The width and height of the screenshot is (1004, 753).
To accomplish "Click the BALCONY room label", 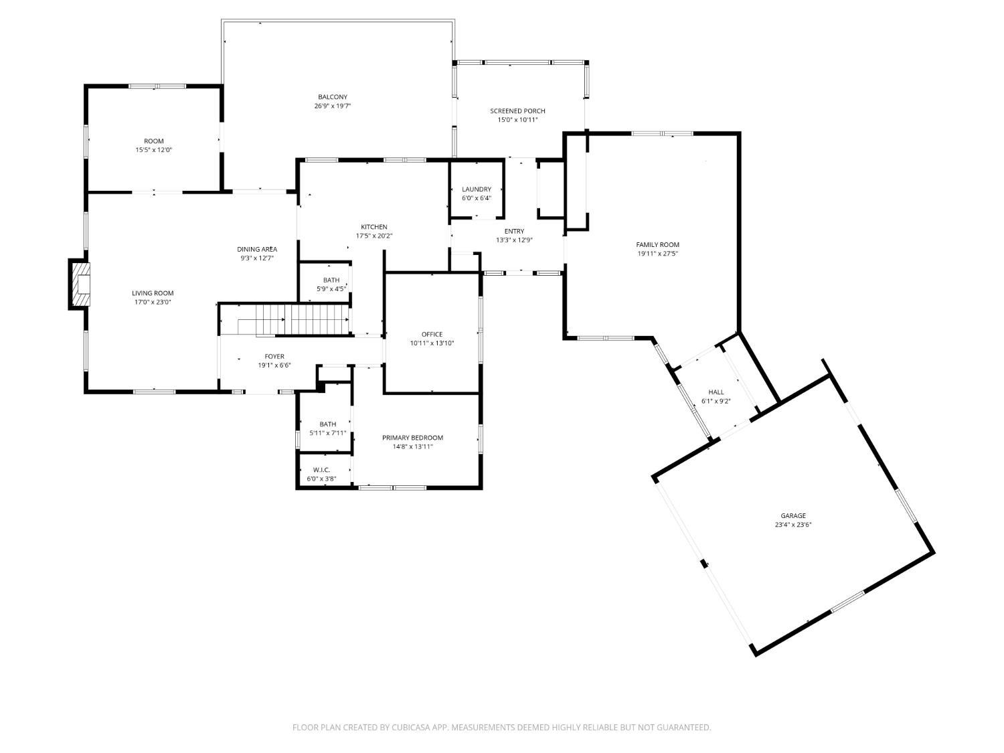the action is pyautogui.click(x=333, y=97).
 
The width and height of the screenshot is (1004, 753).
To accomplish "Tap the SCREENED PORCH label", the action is pyautogui.click(x=517, y=110).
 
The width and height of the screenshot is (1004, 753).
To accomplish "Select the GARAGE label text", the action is pyautogui.click(x=793, y=515).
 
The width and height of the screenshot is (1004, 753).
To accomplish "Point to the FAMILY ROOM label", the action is pyautogui.click(x=657, y=244).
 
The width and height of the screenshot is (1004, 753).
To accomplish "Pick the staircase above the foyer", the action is pyautogui.click(x=292, y=319).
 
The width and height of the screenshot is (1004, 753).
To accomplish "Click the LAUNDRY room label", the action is pyautogui.click(x=476, y=189).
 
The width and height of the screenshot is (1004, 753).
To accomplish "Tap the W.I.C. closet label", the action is pyautogui.click(x=321, y=470).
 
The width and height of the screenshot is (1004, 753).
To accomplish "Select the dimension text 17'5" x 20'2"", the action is pyautogui.click(x=374, y=236).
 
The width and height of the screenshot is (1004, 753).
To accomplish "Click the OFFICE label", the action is pyautogui.click(x=432, y=334).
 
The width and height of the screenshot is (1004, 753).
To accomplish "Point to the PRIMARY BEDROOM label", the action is pyautogui.click(x=412, y=438).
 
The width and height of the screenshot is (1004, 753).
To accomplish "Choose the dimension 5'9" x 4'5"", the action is pyautogui.click(x=331, y=289).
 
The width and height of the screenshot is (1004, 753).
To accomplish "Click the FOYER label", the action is pyautogui.click(x=274, y=357).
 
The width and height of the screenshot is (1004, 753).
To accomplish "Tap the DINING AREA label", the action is pyautogui.click(x=256, y=249).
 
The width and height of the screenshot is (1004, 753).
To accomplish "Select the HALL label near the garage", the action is pyautogui.click(x=716, y=392).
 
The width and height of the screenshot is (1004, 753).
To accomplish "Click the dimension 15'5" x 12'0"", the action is pyautogui.click(x=154, y=150).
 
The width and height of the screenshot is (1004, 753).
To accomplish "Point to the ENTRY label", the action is pyautogui.click(x=514, y=232).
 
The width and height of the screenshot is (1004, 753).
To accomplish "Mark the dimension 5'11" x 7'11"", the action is pyautogui.click(x=327, y=433).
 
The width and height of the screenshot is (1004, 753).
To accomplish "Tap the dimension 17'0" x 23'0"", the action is pyautogui.click(x=153, y=303).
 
